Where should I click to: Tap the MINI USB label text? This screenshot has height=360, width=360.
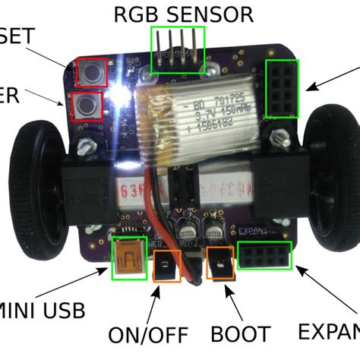coord(42,310)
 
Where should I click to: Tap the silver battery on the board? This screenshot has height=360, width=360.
coord(198,113)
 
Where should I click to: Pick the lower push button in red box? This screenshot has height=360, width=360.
coord(87,106)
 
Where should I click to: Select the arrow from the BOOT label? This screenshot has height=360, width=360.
coord(230,302)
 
